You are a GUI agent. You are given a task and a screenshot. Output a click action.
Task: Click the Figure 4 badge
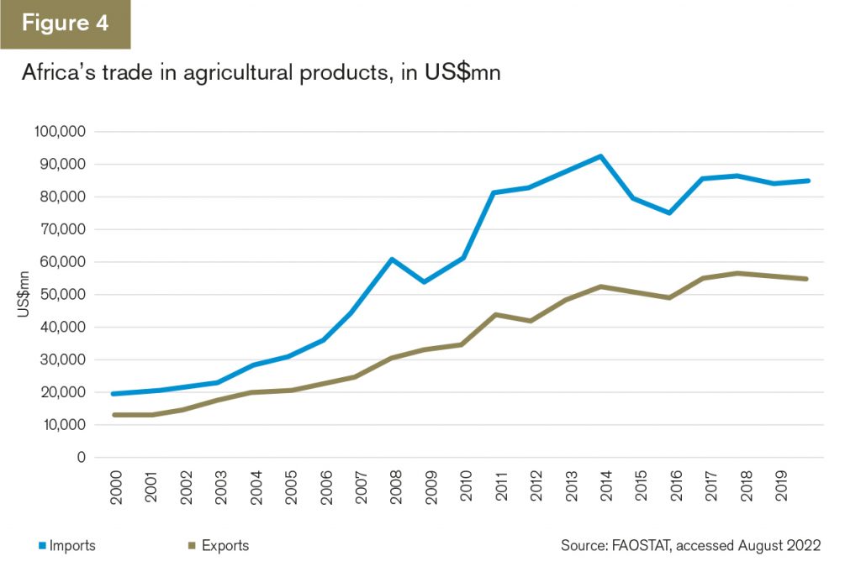(x=65, y=24)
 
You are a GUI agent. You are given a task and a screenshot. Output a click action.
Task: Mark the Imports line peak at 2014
(x=600, y=156)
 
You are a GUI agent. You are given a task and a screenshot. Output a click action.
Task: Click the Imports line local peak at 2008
(x=392, y=259)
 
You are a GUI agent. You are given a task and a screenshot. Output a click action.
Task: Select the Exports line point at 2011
(x=496, y=314)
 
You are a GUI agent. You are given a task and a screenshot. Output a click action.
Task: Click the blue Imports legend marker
(x=42, y=546)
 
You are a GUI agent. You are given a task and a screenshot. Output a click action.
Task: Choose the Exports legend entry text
(x=225, y=546)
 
